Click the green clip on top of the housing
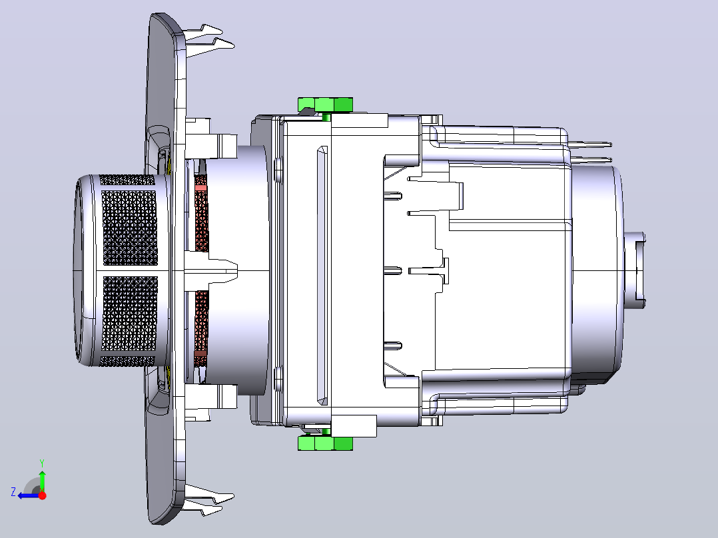pos(325,105)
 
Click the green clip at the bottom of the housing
pos(325,443)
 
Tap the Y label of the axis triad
pos(42,463)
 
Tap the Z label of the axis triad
pos(13,492)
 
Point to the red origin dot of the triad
pos(42,495)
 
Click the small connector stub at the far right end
pos(635,270)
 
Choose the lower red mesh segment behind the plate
pos(201,328)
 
